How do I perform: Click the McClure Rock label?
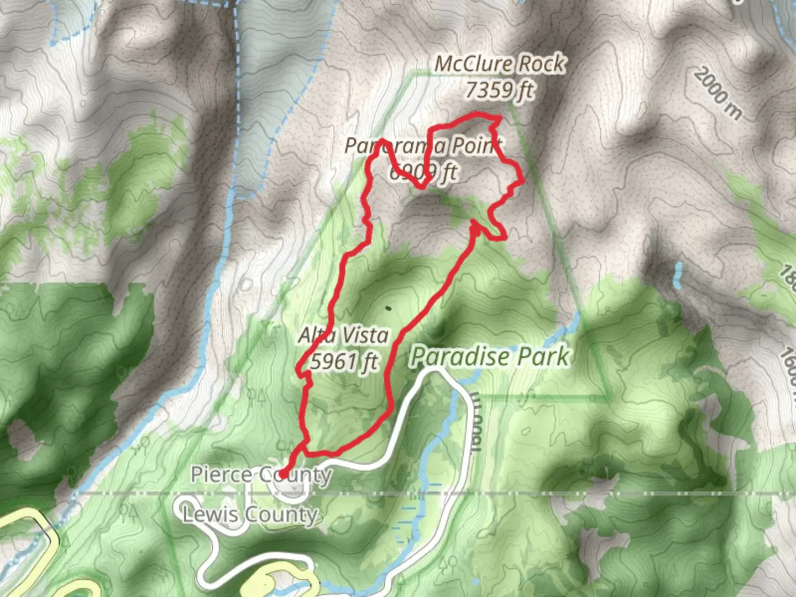tap(500, 64)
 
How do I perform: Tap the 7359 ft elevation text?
tap(500, 90)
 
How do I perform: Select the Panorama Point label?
tap(423, 146)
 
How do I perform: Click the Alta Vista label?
tap(343, 335)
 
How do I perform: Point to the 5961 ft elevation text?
tap(344, 362)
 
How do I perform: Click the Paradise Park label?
tap(490, 357)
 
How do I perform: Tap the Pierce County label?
tap(261, 474)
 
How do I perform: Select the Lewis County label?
tap(250, 515)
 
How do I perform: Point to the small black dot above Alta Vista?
tap(387, 308)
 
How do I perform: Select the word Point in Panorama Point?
tap(476, 146)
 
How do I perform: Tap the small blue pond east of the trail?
tap(678, 274)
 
